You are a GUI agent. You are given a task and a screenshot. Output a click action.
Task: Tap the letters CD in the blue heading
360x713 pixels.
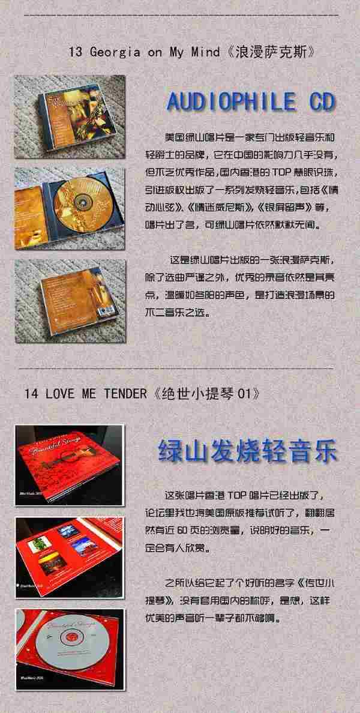(322, 101)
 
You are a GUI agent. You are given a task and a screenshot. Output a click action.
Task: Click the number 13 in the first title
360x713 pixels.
(76, 52)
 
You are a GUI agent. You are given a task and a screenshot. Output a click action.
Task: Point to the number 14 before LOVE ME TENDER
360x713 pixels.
(31, 394)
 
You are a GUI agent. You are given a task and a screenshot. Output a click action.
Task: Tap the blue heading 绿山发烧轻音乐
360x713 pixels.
(248, 450)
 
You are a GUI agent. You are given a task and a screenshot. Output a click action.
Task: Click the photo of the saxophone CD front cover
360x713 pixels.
(70, 117)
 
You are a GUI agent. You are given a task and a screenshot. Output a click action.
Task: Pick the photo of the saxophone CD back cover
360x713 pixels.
(70, 301)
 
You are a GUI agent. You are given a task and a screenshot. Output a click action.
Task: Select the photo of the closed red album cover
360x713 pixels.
(70, 465)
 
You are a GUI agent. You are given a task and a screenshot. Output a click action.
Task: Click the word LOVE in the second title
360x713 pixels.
(59, 394)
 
